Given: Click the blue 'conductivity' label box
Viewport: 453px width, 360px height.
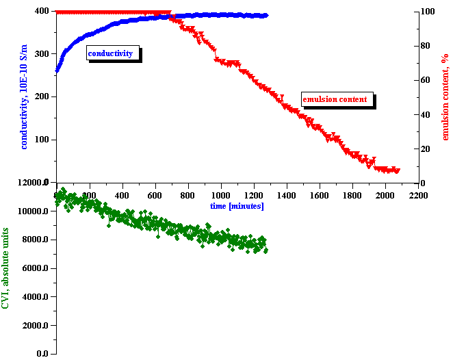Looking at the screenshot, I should (113, 53).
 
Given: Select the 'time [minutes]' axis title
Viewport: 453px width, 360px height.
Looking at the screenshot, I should (237, 206).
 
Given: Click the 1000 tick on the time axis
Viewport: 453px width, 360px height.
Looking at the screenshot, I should (221, 195).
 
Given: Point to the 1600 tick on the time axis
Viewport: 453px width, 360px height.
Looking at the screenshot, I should (320, 195).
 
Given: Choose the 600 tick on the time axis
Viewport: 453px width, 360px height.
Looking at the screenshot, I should (155, 195).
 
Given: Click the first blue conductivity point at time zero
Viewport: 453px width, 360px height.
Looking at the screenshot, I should (57, 69).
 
